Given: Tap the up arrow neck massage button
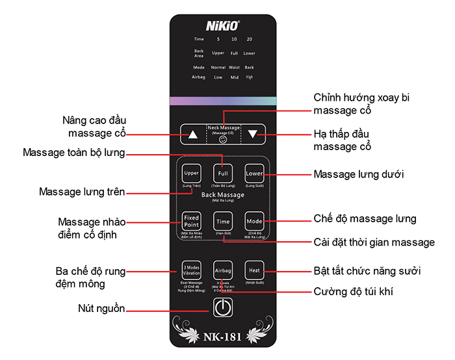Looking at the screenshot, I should tap(192, 136).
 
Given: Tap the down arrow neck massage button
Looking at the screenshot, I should tap(253, 135).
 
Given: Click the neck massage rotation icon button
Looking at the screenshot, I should tap(223, 138).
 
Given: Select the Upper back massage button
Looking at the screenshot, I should tap(191, 174).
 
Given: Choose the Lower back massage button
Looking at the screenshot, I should tap(253, 174).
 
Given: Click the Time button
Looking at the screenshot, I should tap(222, 222).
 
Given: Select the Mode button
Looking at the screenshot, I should tap(254, 222).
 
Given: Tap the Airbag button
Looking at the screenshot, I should tap(222, 270).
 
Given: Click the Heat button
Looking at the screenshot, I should tap(253, 270).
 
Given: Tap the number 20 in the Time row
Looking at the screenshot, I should tap(249, 40).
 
